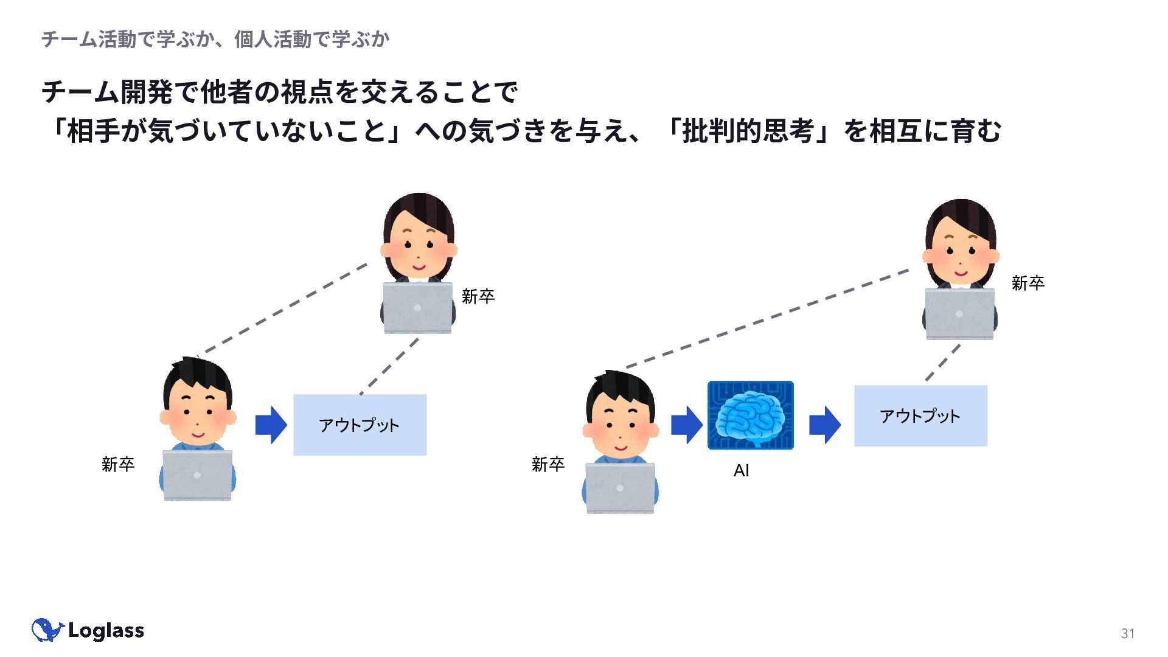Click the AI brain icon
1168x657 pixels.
click(750, 415)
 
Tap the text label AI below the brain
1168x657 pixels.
click(741, 470)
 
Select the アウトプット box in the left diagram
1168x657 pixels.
click(360, 425)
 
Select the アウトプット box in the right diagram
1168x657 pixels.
click(920, 415)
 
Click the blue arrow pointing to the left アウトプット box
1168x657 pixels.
click(271, 425)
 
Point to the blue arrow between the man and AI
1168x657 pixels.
click(687, 425)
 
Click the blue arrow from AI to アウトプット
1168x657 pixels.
click(825, 425)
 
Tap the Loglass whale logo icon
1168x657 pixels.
click(47, 630)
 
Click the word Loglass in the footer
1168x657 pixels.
click(106, 631)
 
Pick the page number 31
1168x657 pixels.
click(1128, 633)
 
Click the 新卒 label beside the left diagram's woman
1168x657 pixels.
click(478, 296)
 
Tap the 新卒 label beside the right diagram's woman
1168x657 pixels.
click(1028, 283)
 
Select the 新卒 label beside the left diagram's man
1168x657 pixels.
click(118, 464)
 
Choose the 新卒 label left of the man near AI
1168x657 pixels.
click(548, 464)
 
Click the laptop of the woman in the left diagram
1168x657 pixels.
click(417, 308)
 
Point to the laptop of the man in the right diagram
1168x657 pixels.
click(620, 488)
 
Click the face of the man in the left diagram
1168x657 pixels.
click(198, 413)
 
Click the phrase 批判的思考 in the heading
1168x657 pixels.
click(748, 131)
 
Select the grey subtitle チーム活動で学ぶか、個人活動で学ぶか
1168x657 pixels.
click(215, 40)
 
